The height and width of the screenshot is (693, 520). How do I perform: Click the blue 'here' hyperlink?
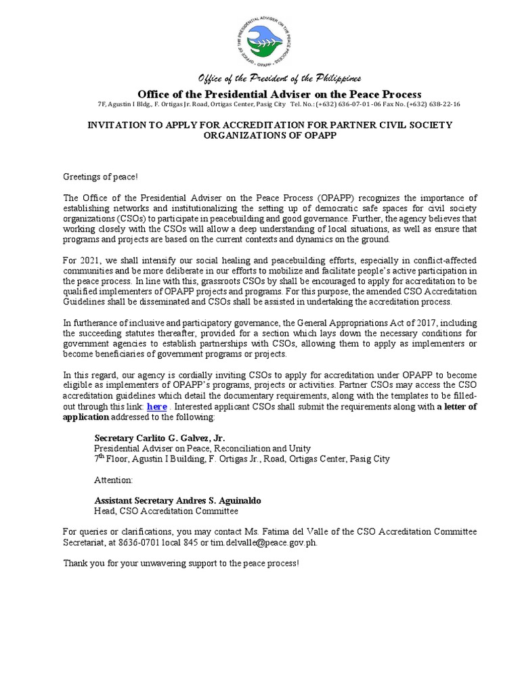[x=156, y=406]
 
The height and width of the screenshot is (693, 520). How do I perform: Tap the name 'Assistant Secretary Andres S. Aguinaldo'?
[x=177, y=500]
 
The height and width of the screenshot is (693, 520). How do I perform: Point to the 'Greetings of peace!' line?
[x=100, y=177]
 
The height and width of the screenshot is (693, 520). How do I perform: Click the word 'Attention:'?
[x=113, y=479]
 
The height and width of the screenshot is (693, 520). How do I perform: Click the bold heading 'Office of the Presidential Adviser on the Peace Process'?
[x=279, y=94]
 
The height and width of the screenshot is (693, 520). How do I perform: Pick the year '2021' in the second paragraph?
[x=91, y=260]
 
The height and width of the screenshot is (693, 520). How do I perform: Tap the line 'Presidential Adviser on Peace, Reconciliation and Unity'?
[x=202, y=448]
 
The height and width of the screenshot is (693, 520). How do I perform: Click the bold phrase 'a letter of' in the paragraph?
[x=457, y=406]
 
